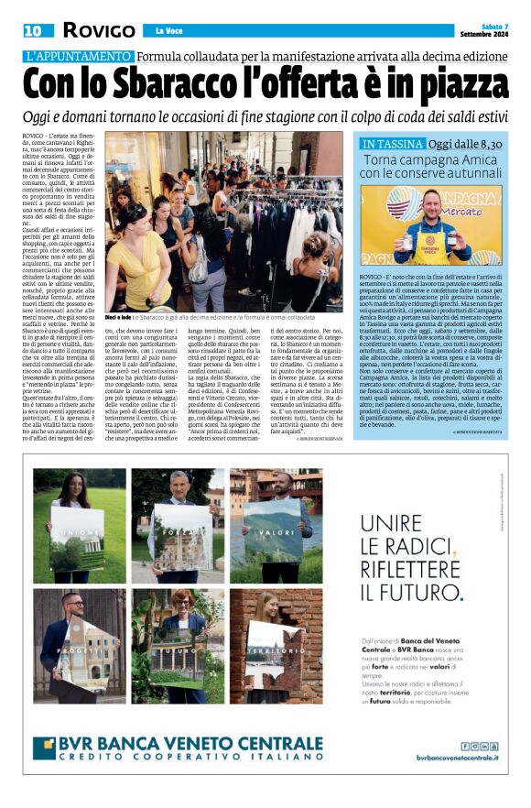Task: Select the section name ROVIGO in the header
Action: click(x=98, y=30)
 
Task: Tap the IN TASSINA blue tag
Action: click(x=393, y=144)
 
